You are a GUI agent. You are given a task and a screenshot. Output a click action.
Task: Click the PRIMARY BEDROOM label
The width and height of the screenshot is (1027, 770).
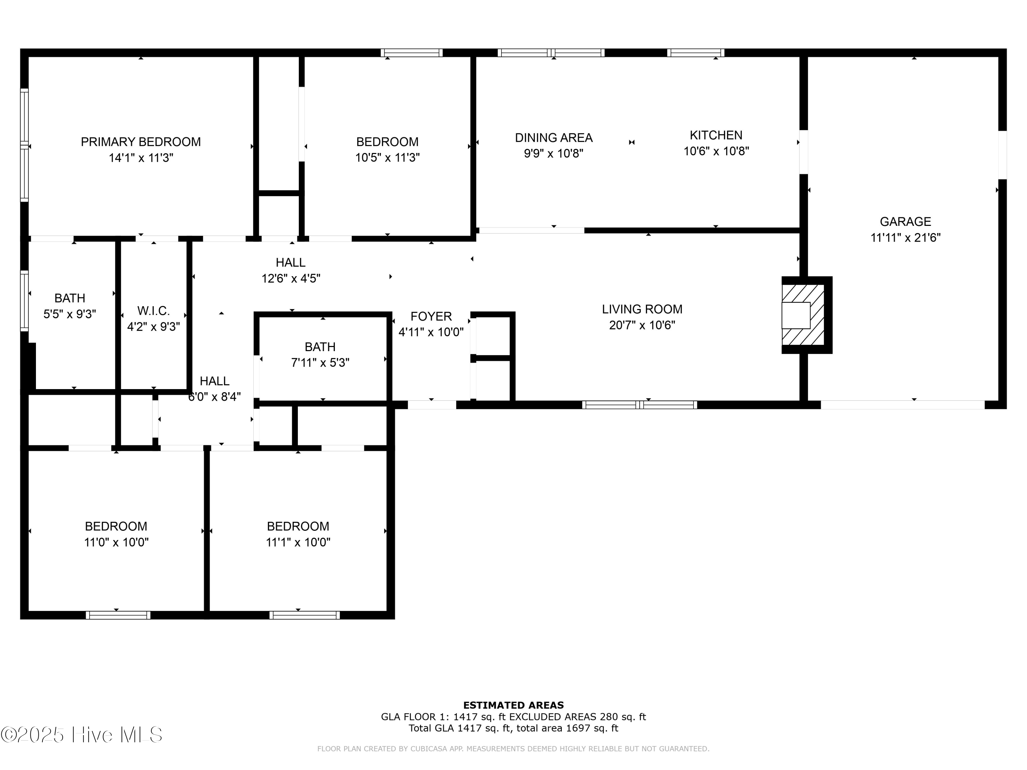point(141,142)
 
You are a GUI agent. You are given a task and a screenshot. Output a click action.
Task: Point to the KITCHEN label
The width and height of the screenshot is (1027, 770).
point(715,135)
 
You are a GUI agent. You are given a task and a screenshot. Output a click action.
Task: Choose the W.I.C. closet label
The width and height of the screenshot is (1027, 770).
point(153,310)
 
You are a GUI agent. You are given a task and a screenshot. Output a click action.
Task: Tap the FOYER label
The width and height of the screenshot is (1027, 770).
point(431,316)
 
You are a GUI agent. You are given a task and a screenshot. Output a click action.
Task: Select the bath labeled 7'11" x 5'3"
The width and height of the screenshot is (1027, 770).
point(320,347)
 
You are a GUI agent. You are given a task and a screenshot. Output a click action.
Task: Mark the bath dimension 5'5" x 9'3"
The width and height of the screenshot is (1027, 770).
point(69,314)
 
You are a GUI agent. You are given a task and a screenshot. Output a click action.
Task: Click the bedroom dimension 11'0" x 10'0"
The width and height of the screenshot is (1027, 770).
point(116,542)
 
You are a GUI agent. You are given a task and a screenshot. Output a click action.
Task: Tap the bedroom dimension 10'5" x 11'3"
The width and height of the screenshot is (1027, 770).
point(387,158)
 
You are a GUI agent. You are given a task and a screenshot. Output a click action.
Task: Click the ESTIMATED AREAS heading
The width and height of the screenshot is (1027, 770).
point(513,705)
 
